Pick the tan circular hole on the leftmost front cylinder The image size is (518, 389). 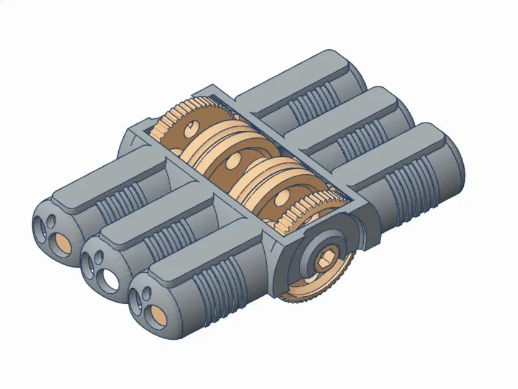(62, 243)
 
